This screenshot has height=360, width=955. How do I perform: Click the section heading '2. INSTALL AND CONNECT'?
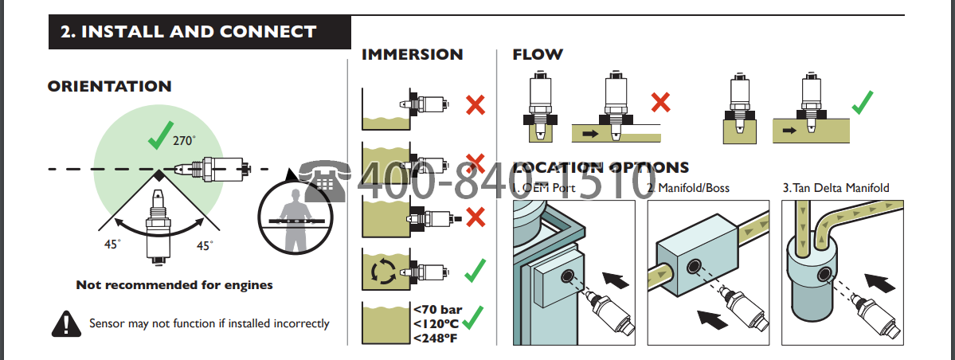[189, 33]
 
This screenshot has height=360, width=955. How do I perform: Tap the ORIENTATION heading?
[110, 86]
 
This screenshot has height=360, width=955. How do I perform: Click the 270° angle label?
[184, 141]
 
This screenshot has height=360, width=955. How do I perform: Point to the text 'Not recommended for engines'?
[174, 284]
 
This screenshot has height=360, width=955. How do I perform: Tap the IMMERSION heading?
[412, 55]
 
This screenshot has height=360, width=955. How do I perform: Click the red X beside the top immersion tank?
[476, 104]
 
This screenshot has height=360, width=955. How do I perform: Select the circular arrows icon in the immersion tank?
[384, 272]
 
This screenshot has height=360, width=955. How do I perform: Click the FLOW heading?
[538, 55]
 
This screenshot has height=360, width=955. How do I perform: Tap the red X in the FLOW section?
[660, 102]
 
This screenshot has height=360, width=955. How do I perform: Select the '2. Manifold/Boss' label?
[688, 189]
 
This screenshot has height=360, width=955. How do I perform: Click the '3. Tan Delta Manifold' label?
[836, 189]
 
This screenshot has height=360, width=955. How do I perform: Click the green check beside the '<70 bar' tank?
[476, 319]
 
